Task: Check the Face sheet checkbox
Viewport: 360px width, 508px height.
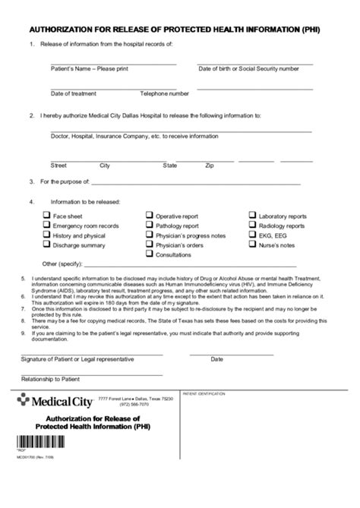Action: click(x=46, y=216)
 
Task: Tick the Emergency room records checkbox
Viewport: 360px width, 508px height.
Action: click(x=46, y=226)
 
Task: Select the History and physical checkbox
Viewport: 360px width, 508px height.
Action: click(x=46, y=235)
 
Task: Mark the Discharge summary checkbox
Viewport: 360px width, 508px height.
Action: click(x=46, y=245)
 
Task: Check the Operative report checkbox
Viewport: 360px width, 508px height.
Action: click(x=150, y=216)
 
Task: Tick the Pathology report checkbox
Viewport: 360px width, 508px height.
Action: click(x=150, y=226)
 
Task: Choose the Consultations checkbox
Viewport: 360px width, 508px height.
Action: click(x=150, y=255)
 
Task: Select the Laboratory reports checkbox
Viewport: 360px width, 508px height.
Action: click(x=252, y=216)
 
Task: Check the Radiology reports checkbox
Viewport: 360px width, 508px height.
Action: click(x=252, y=226)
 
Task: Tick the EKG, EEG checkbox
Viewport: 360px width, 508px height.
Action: click(x=252, y=235)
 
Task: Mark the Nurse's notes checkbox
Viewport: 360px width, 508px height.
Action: click(x=252, y=245)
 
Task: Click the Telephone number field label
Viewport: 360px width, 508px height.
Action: click(x=164, y=94)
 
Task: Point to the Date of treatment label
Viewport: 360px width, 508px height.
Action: click(x=74, y=94)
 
